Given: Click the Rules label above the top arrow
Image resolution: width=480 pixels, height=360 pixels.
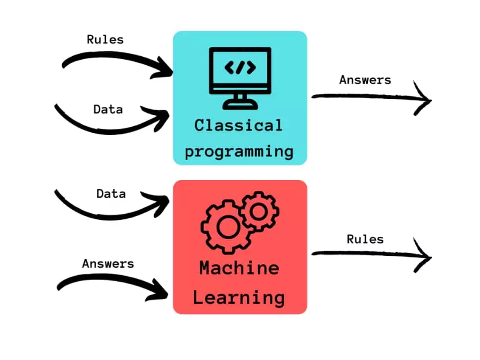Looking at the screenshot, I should [x=105, y=39].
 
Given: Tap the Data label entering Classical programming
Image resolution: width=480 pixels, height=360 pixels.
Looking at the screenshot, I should [x=108, y=109].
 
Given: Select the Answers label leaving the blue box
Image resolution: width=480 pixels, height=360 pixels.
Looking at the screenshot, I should [x=365, y=80].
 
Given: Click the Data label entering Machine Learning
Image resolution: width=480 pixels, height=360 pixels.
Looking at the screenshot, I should [x=111, y=193].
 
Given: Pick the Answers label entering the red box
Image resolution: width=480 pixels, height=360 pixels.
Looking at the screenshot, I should [x=108, y=263].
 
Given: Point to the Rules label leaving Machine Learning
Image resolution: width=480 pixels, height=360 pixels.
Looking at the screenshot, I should [x=365, y=239].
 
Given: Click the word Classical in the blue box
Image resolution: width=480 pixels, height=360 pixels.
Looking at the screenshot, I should [x=238, y=125].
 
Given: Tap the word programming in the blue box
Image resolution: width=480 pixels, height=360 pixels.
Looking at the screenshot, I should [x=239, y=151].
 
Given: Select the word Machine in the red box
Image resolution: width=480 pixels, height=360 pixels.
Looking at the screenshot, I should [x=239, y=268].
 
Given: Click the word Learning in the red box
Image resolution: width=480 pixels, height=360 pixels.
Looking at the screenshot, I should [x=239, y=297].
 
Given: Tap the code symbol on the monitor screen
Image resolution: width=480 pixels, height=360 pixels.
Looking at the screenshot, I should [x=240, y=67].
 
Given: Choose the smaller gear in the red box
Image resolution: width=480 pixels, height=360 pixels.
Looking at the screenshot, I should [x=259, y=211].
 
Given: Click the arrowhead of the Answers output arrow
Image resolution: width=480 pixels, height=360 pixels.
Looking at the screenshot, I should [x=423, y=101].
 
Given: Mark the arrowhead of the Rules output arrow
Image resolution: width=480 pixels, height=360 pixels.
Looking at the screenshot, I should [x=423, y=258].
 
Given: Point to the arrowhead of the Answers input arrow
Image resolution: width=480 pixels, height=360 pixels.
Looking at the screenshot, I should [x=163, y=291].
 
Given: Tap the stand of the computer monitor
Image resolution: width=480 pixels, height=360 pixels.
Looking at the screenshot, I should [x=240, y=101].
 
